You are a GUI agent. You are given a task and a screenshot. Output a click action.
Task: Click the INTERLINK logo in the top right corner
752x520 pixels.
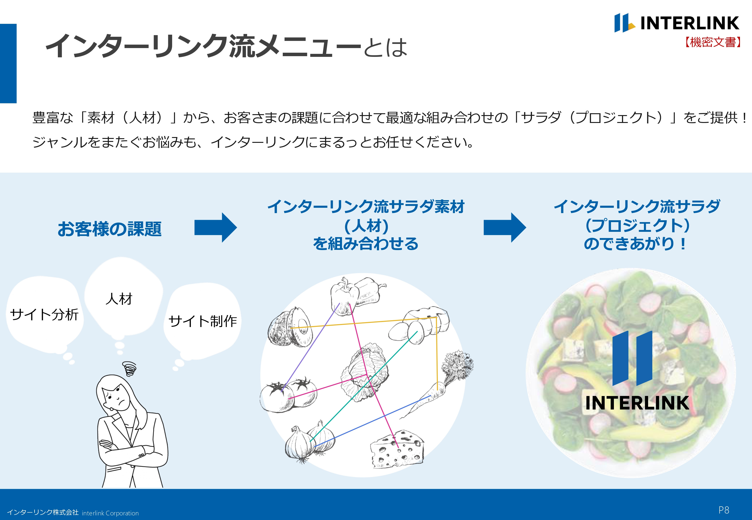point(676,23)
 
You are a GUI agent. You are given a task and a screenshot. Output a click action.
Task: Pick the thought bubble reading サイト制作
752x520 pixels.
point(202,321)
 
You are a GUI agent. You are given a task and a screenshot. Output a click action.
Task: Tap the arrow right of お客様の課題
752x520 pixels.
point(215,227)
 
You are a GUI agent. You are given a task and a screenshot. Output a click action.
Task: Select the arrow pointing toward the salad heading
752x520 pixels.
point(504,227)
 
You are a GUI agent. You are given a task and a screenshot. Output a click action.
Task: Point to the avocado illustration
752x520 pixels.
point(290,327)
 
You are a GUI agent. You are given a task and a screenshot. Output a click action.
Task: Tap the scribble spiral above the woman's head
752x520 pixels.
point(130,368)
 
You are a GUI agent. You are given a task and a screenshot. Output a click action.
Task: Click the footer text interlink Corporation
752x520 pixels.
point(110,513)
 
